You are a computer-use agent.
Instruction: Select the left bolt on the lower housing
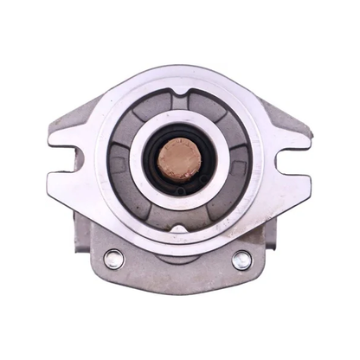[x=113, y=259]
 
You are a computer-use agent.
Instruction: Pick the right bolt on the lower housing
[x=241, y=260]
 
